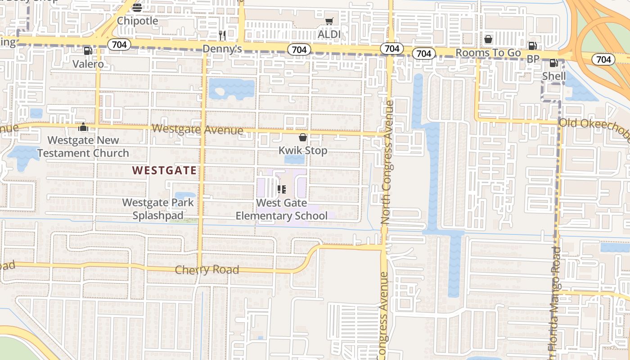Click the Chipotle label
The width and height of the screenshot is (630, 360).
(x=137, y=21)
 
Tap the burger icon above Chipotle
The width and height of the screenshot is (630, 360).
(x=137, y=7)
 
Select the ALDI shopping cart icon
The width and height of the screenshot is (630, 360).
(x=329, y=22)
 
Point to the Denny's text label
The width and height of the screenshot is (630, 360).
(x=222, y=49)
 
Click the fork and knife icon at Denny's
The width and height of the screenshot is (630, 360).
(x=222, y=35)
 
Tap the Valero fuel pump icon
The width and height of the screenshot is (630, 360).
(x=88, y=51)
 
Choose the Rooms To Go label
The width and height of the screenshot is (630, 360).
(x=488, y=53)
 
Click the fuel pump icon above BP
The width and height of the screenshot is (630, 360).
(x=532, y=46)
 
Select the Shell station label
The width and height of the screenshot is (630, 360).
(x=554, y=76)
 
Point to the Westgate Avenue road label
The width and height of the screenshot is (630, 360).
(x=197, y=130)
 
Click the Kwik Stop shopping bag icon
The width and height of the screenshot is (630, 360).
(x=303, y=137)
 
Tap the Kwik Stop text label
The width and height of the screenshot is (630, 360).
(x=303, y=150)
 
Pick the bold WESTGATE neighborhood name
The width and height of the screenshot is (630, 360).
(x=165, y=171)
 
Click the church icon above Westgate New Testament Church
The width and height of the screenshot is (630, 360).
(x=83, y=127)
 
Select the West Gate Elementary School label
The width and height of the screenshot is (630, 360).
(x=282, y=209)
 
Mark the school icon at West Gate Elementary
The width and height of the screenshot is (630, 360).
(x=282, y=189)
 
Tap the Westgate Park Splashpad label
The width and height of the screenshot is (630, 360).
(x=158, y=209)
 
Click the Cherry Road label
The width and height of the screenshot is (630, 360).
(x=207, y=270)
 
